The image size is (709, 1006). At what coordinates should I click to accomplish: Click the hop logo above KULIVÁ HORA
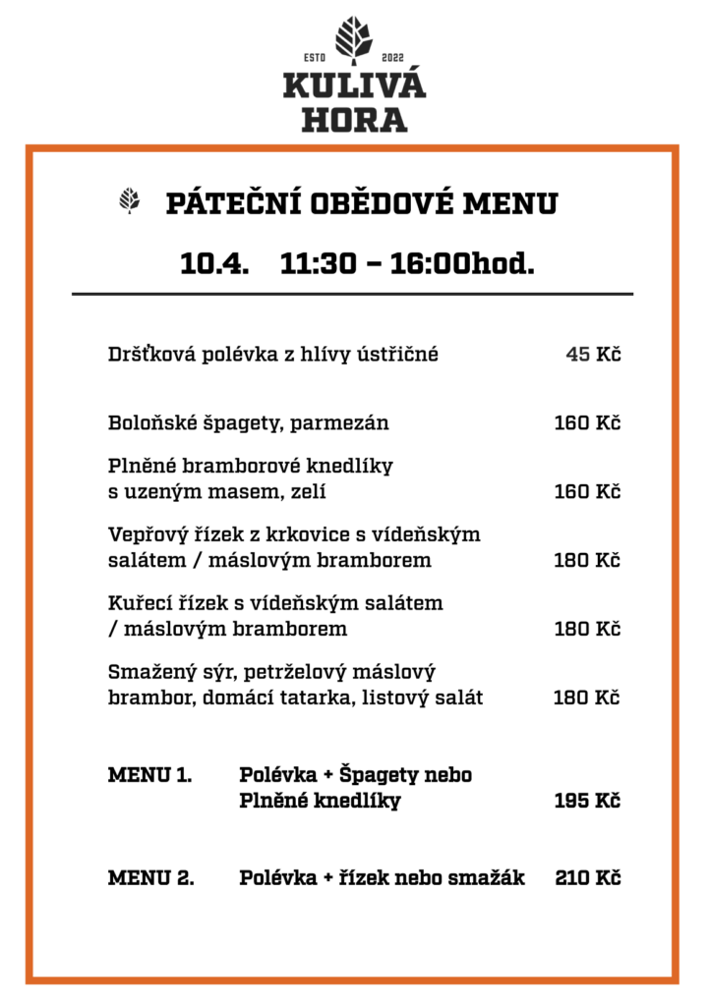click(354, 38)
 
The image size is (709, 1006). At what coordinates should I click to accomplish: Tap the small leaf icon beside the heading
click(129, 201)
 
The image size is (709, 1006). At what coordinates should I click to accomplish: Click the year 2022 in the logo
click(391, 56)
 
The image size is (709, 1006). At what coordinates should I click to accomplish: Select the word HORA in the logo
click(354, 121)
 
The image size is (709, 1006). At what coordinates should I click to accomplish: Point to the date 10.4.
click(213, 262)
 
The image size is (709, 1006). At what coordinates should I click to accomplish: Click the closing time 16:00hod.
click(462, 262)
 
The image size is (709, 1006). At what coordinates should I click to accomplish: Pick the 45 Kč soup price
click(593, 355)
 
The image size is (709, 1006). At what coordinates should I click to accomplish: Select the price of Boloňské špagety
click(587, 423)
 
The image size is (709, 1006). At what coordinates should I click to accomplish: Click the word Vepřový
click(145, 534)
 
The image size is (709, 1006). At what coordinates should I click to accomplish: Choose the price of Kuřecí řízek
click(587, 628)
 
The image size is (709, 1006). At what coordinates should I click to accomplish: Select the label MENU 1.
click(149, 775)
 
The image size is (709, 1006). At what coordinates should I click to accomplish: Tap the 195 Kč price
click(587, 801)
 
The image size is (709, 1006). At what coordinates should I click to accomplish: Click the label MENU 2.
click(150, 877)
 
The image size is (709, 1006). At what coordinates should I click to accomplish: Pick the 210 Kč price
click(587, 877)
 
